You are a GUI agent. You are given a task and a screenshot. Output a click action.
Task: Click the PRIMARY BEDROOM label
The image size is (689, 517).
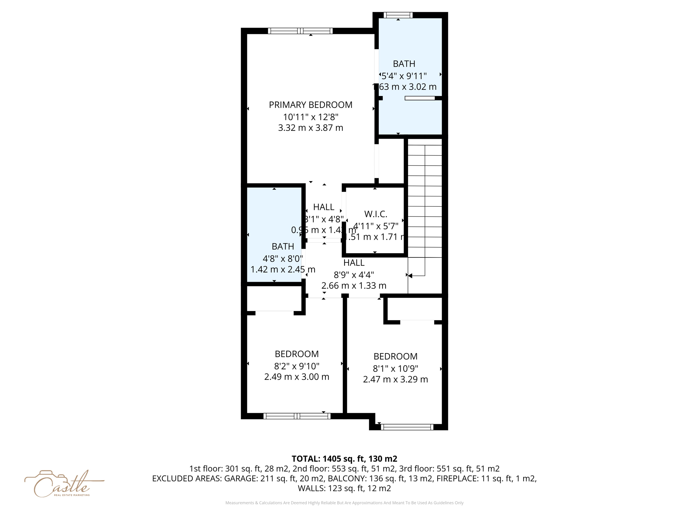point(311,105)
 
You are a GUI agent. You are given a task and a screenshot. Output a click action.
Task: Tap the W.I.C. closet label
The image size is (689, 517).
point(375,214)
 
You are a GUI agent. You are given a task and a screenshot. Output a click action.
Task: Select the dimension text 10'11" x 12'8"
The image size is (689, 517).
point(311,117)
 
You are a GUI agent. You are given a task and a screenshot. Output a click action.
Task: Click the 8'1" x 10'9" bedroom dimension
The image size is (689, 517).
point(395,369)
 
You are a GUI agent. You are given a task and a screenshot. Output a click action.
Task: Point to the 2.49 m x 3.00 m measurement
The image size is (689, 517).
point(296,377)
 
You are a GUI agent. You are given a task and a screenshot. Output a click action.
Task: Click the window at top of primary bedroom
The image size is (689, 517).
point(300,31)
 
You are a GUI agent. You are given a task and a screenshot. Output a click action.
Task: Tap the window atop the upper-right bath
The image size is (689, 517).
point(398,15)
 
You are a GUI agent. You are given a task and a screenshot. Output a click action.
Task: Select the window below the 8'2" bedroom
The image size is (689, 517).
point(297,416)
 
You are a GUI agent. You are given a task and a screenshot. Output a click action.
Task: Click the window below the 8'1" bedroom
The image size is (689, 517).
point(407,427)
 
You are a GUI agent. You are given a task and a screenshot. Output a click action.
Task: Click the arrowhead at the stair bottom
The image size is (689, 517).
point(410,276)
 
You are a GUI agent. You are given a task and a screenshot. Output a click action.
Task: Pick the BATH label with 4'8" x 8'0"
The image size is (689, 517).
point(283,246)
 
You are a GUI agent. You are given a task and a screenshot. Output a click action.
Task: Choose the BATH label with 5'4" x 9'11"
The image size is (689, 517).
point(404,64)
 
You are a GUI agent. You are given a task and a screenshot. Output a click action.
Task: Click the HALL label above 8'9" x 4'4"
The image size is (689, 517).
point(354,263)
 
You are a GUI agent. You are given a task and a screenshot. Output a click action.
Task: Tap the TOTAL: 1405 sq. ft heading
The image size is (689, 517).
point(344,459)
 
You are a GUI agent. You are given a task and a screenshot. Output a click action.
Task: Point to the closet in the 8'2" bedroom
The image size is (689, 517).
point(274,299)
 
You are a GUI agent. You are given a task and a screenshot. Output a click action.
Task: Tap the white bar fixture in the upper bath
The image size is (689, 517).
point(420,98)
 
